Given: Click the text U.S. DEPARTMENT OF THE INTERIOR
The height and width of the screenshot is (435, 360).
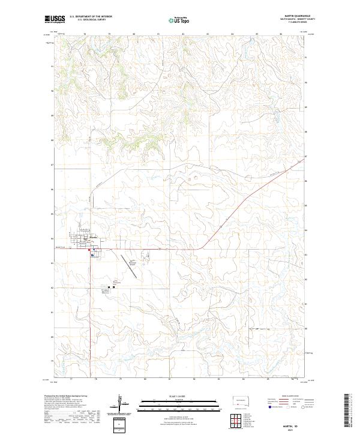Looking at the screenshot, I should click(x=90, y=17).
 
